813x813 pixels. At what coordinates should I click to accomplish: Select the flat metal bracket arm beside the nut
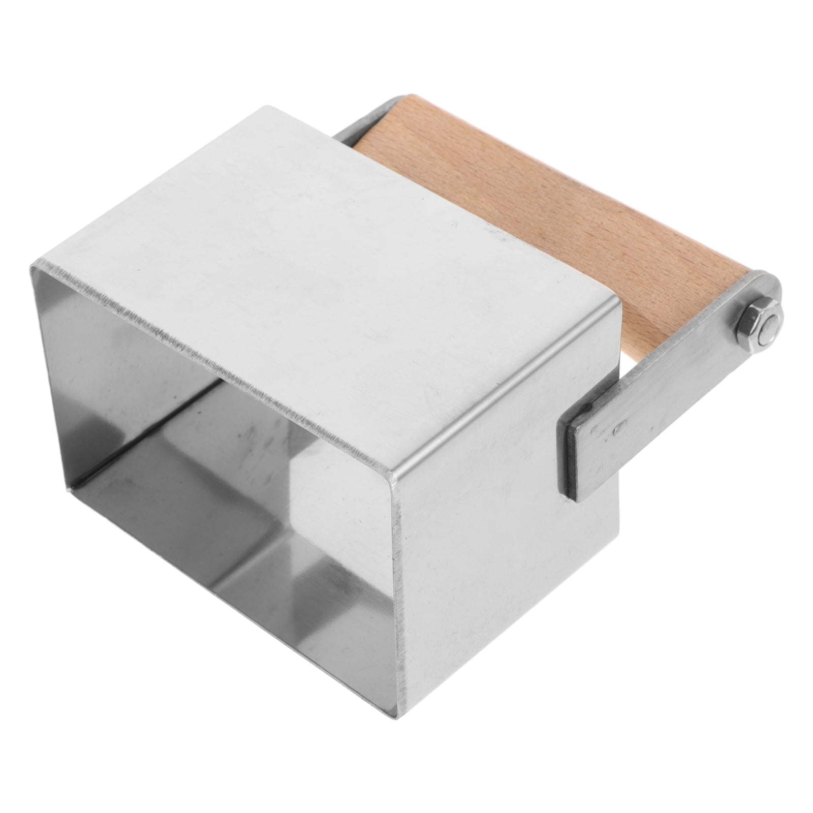point(676,386)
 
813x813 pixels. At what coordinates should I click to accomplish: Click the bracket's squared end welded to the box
point(584,447)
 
